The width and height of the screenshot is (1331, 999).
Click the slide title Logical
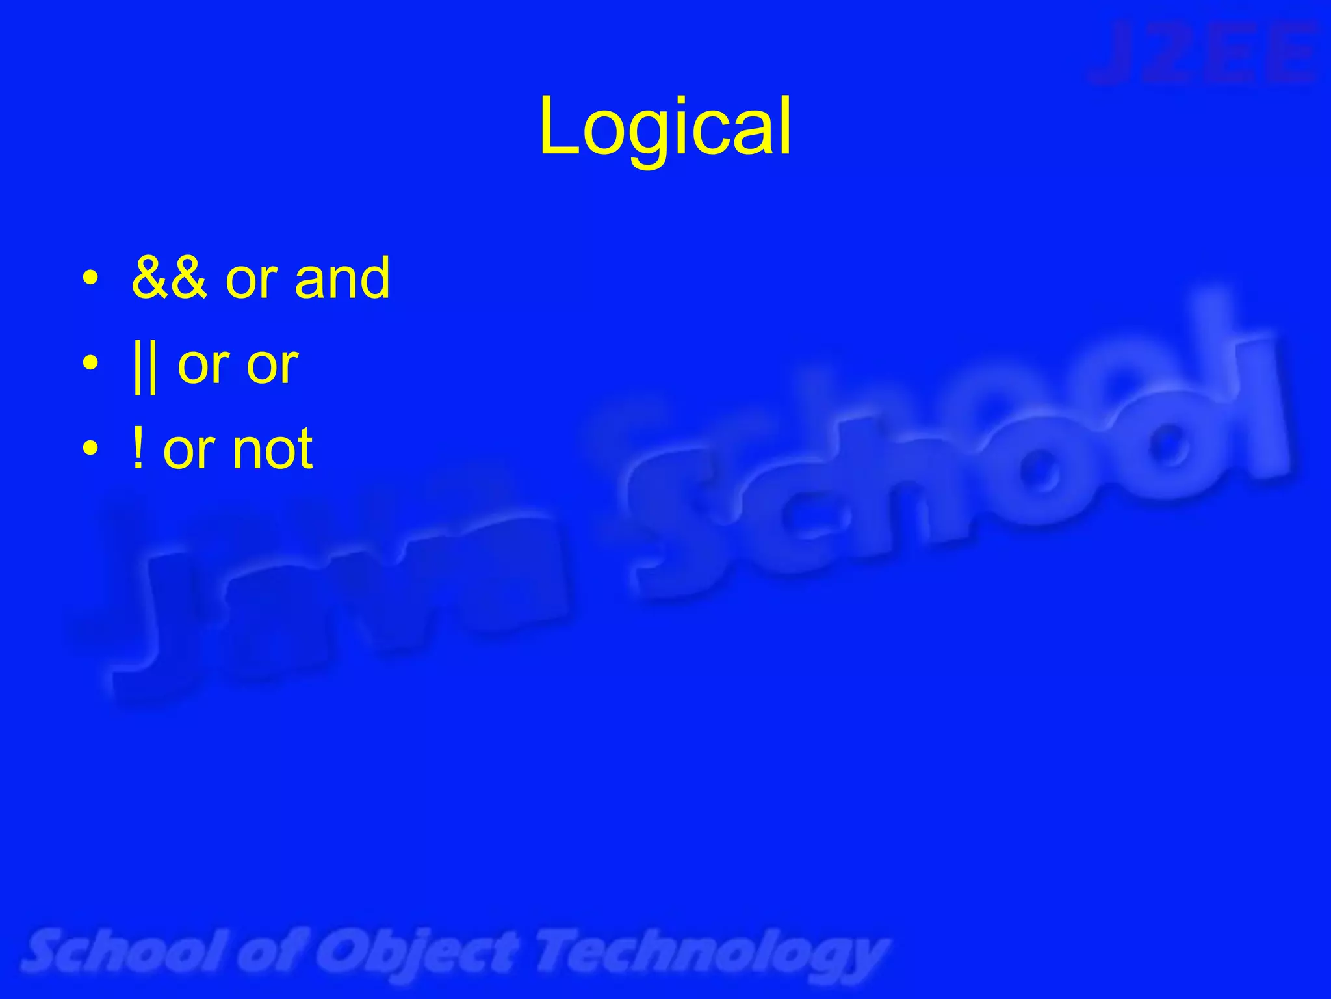(x=665, y=127)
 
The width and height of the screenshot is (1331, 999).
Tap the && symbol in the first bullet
(x=169, y=278)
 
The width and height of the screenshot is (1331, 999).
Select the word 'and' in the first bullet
(x=342, y=278)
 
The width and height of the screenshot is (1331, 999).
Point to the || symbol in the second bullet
(x=144, y=366)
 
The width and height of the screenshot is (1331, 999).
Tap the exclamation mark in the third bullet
(x=138, y=449)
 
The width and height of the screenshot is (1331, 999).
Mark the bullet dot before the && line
(x=91, y=280)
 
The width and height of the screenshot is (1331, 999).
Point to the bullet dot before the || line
(x=91, y=364)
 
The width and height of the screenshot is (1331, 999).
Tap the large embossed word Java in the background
(x=325, y=605)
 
